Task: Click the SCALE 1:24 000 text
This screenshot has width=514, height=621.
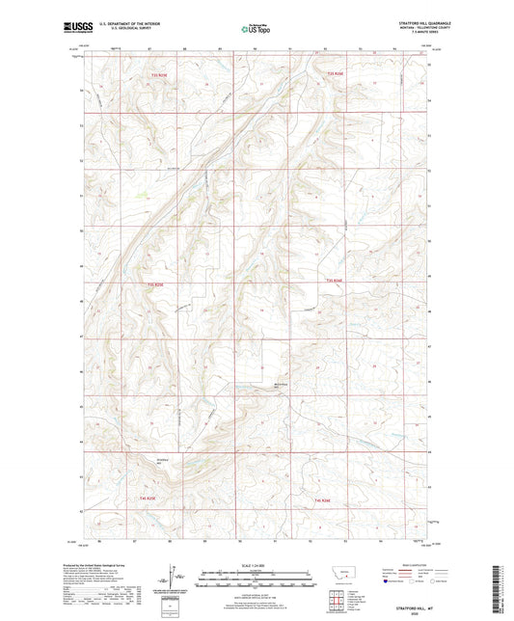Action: (x=257, y=563)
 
